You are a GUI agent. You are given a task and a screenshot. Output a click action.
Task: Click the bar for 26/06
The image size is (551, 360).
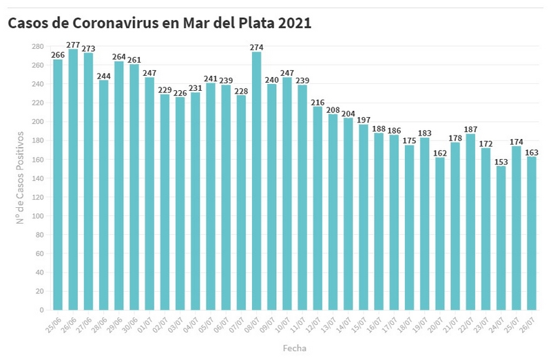(73, 180)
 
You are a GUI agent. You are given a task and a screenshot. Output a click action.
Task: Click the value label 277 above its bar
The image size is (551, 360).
(73, 45)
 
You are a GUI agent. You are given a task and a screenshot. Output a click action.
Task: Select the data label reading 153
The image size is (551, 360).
(501, 161)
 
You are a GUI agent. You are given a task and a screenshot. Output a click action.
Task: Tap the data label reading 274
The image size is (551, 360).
(257, 47)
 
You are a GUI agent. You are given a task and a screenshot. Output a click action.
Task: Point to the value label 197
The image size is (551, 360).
(363, 120)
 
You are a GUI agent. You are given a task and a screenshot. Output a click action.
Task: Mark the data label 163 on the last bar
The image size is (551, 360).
(531, 152)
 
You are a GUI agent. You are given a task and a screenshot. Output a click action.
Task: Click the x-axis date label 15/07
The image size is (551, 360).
(359, 324)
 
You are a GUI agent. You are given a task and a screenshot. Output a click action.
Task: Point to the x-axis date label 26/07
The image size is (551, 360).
(527, 324)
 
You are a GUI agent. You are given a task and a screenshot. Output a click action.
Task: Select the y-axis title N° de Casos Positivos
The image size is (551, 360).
(21, 178)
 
